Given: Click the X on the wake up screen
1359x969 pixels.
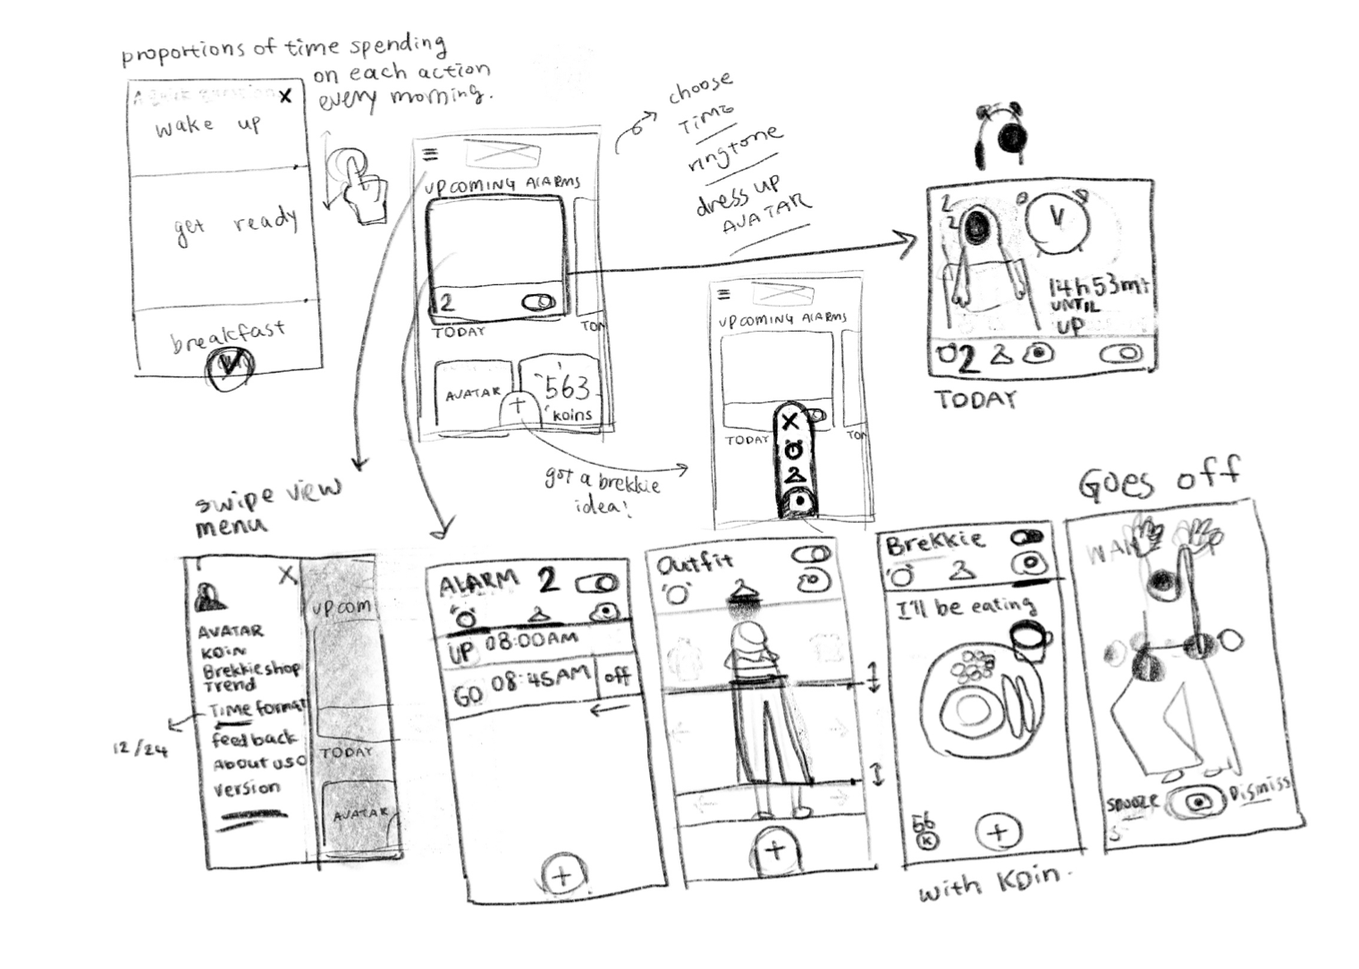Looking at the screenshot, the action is [285, 96].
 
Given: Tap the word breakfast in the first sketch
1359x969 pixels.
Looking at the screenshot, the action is [228, 336].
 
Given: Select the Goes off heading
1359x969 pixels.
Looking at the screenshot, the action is [1160, 478].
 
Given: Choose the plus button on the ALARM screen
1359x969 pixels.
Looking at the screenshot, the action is [563, 875].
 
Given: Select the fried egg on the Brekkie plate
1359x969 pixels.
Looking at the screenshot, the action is [970, 709].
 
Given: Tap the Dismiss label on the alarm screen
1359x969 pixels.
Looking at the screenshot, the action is [1260, 789].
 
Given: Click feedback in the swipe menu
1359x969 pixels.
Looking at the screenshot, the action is [254, 739].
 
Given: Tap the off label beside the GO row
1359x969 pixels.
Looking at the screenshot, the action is [618, 676].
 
